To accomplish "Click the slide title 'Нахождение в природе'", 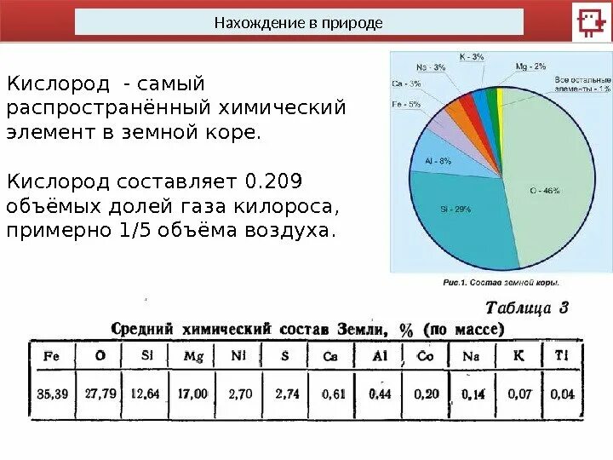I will pyautogui.click(x=299, y=22).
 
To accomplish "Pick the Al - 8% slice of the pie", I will pyautogui.click(x=433, y=161).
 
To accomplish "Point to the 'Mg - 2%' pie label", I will pyautogui.click(x=533, y=66).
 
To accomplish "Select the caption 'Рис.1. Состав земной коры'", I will pyautogui.click(x=501, y=282).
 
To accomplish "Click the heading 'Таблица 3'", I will pyautogui.click(x=527, y=308).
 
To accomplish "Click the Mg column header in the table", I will pyautogui.click(x=193, y=356).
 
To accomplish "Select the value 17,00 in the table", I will pyautogui.click(x=193, y=394).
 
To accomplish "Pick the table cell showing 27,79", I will pyautogui.click(x=100, y=394).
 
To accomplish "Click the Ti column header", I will pyautogui.click(x=562, y=356).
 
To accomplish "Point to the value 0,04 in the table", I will pyautogui.click(x=562, y=394).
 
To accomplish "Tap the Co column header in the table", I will pyautogui.click(x=425, y=356).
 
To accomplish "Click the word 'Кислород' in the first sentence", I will pyautogui.click(x=58, y=84).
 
